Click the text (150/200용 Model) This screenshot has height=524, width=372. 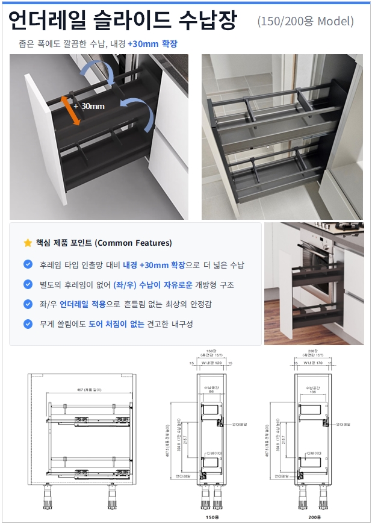tap(305, 22)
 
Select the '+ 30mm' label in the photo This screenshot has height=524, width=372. tap(89, 106)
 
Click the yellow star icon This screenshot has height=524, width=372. tap(28, 243)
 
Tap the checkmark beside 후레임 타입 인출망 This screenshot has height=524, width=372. tap(28, 264)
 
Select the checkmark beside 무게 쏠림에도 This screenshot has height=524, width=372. tap(28, 324)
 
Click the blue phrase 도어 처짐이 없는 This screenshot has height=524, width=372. tap(116, 324)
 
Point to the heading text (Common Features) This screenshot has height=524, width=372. tap(134, 243)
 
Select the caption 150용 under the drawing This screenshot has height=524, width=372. tap(211, 517)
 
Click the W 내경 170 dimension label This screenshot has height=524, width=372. tap(315, 363)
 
